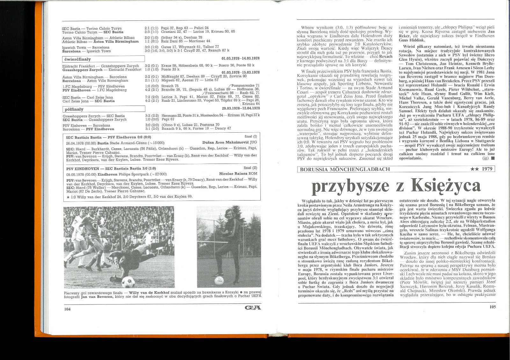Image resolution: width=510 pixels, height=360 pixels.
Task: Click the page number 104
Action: [x=67, y=309]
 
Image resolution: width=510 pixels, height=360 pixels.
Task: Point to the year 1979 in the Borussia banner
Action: [x=487, y=169]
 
